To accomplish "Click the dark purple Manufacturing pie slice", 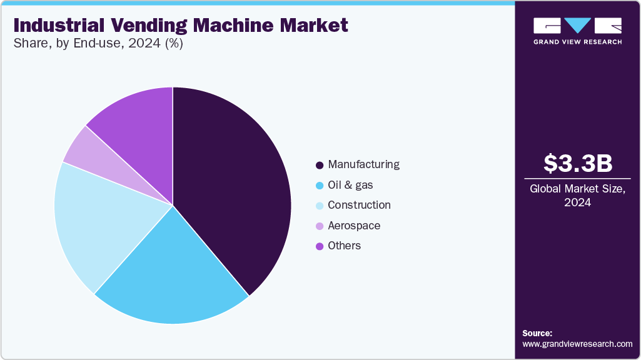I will tap(238, 187).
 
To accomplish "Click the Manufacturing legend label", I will tap(363, 165).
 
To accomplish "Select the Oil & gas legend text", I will tap(350, 185).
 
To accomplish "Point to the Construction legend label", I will tap(359, 205).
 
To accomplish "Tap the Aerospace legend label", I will tap(354, 226).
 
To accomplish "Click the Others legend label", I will tap(344, 246).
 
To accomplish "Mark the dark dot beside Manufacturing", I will tap(320, 165).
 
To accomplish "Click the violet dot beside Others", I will tap(320, 246).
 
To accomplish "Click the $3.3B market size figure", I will tap(578, 163).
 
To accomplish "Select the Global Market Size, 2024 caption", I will tap(578, 195).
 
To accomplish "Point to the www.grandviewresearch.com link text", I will tap(577, 344).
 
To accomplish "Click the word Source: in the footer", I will tap(537, 333).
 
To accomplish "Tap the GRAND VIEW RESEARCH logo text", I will tap(577, 42).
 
